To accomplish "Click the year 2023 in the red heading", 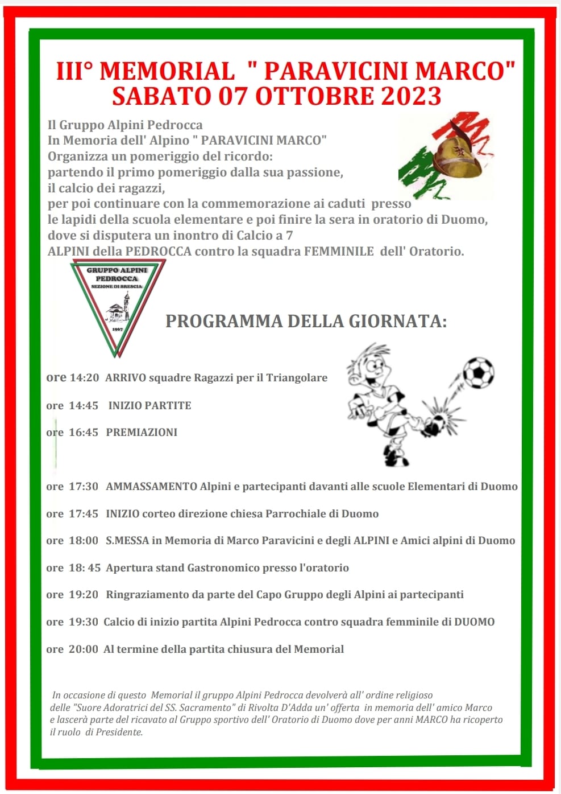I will (x=411, y=96).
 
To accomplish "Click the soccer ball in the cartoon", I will (x=478, y=372).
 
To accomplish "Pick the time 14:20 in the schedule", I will (x=84, y=378).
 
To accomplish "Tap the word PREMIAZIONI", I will (x=142, y=433).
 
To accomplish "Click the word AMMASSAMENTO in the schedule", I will (x=151, y=487).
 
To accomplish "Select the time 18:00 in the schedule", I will (x=84, y=541).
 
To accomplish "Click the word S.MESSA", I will (x=127, y=541).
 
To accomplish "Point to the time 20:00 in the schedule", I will (x=84, y=649).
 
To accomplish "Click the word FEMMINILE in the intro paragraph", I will (x=339, y=251).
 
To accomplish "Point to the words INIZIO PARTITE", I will (x=149, y=406).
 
